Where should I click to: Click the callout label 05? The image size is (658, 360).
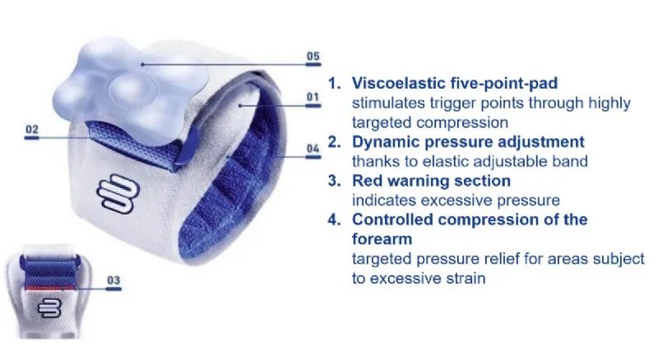coord(313,56)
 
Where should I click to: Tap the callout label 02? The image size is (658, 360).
coord(32,128)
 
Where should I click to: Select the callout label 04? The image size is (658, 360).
coord(313,149)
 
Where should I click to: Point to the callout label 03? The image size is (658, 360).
coord(114,280)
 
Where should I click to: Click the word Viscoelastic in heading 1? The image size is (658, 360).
coord(394,83)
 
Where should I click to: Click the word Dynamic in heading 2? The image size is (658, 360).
coord(381,141)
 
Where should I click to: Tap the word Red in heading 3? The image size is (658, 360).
coord(367,180)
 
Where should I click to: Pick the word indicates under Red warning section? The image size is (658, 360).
coord(381,200)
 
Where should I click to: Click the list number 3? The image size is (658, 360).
coord(334,180)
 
